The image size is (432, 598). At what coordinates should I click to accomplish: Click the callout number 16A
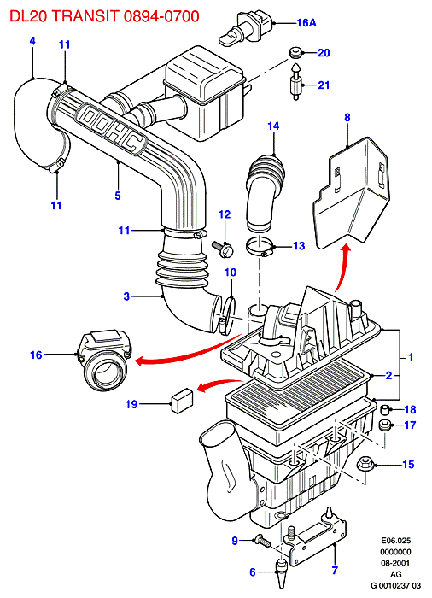(306, 23)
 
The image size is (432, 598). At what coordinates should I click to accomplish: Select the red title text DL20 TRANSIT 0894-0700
(104, 16)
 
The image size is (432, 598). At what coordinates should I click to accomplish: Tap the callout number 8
(347, 118)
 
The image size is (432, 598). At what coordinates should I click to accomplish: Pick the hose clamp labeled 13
(260, 246)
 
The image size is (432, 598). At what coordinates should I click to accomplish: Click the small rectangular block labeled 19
(182, 400)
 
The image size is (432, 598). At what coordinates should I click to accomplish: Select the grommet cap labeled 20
(295, 52)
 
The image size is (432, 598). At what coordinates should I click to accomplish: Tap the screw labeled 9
(262, 540)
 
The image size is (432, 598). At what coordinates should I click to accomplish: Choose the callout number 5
(118, 196)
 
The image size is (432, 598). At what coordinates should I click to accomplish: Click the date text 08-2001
(396, 562)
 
